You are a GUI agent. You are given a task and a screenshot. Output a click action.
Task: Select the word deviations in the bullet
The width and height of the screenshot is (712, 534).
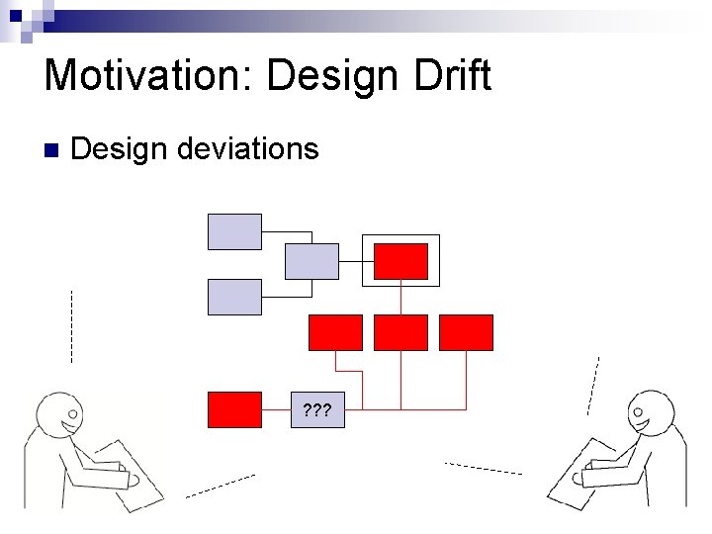[x=250, y=149]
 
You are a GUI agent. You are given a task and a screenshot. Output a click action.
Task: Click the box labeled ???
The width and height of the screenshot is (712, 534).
[x=317, y=409]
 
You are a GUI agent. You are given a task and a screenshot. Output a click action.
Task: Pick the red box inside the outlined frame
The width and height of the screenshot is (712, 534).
[x=400, y=261]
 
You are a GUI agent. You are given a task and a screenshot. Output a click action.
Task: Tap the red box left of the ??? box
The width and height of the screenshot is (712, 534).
[x=234, y=409]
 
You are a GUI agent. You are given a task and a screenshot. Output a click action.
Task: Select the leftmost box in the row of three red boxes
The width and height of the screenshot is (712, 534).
[x=335, y=332]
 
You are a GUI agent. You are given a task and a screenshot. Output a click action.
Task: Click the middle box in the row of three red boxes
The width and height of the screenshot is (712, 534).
[x=400, y=332]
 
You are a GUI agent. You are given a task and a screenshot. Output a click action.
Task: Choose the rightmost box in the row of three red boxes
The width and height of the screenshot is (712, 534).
[x=465, y=332]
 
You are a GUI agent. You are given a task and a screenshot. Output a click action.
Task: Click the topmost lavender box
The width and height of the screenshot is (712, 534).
[x=234, y=231]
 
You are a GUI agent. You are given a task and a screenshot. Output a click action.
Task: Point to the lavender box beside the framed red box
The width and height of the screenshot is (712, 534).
[x=311, y=261]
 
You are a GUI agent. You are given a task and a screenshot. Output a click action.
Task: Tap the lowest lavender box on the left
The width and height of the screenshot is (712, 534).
[x=234, y=297]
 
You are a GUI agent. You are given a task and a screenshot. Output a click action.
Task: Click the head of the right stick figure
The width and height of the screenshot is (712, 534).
[x=652, y=412]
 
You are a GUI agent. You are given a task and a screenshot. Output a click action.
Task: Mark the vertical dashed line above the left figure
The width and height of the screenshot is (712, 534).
[x=71, y=326]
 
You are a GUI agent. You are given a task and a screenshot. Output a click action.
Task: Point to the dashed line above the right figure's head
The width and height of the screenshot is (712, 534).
[x=593, y=385]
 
